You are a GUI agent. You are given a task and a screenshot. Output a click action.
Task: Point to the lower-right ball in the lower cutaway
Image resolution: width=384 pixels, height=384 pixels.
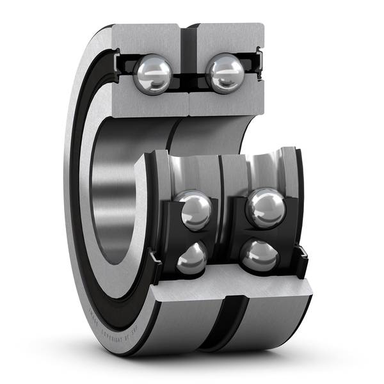[x=260, y=257]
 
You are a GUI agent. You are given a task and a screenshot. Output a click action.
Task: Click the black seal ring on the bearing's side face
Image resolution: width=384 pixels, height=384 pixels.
[x=83, y=192]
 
